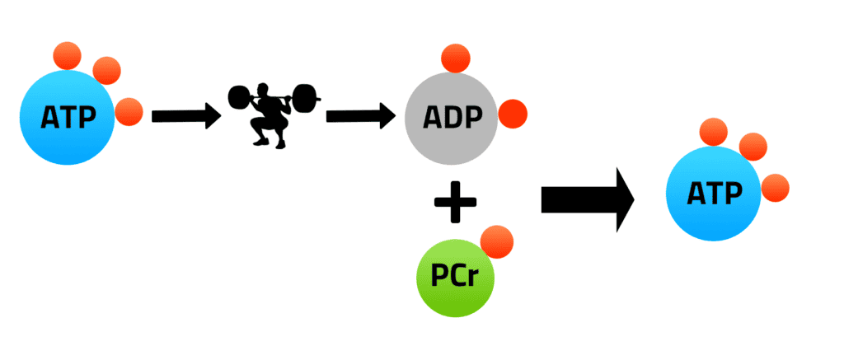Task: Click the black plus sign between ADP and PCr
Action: point(454,203)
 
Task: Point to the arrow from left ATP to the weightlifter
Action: point(185,116)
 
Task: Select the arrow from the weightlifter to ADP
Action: point(360,116)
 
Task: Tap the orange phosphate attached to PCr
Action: point(496,242)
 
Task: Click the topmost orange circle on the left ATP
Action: point(67,55)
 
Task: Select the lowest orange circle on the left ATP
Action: point(129,111)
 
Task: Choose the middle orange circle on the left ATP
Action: point(106,72)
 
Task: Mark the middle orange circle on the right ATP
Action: point(753,147)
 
